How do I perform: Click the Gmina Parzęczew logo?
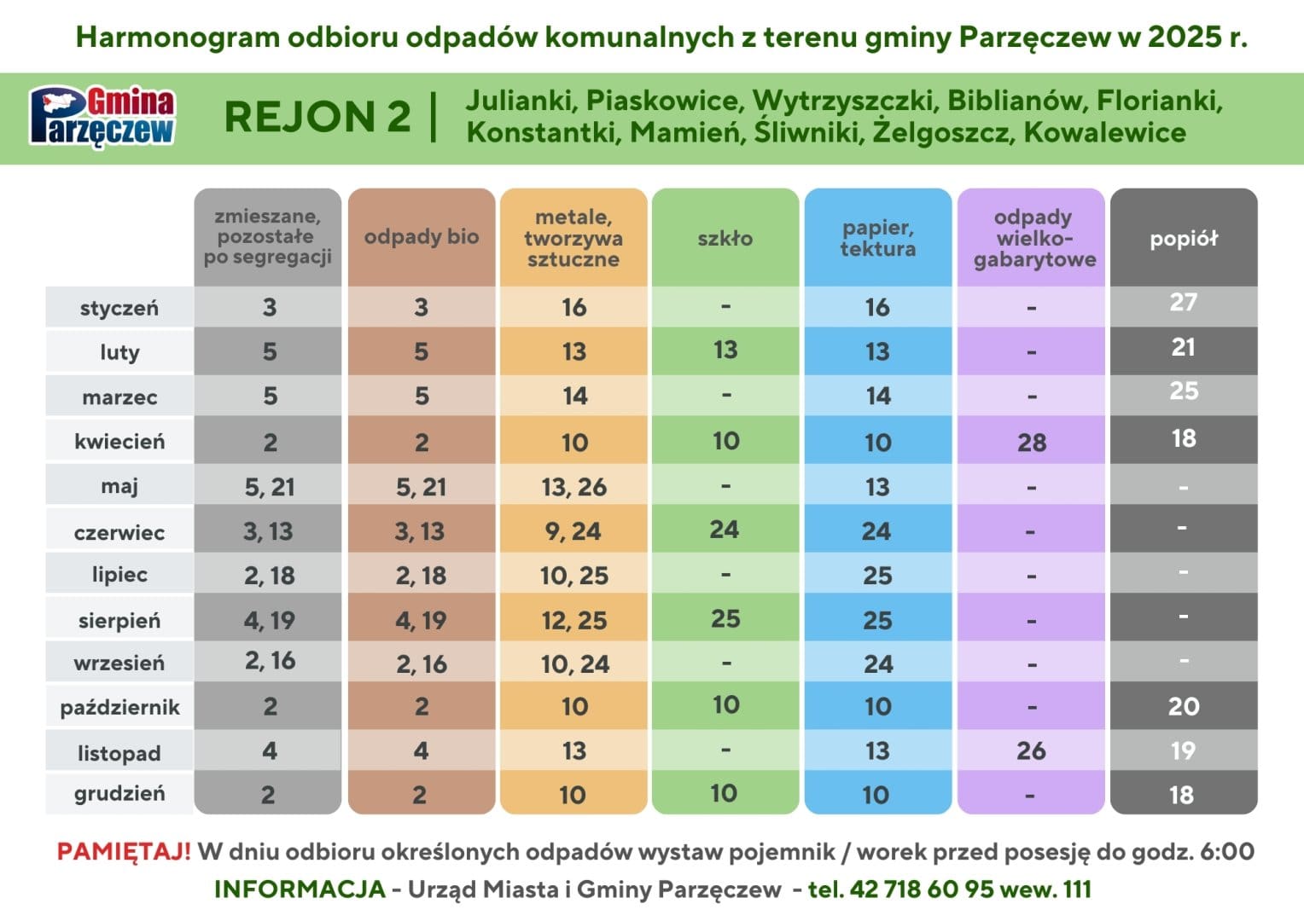(102, 116)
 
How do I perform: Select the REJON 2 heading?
(317, 116)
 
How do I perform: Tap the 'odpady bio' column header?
(422, 237)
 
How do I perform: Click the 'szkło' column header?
(725, 238)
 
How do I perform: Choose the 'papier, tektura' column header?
(878, 238)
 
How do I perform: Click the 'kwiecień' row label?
(119, 442)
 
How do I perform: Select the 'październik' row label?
(120, 708)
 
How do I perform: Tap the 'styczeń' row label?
(119, 308)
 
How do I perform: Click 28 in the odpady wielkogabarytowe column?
(1032, 443)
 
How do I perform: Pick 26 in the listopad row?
(1031, 751)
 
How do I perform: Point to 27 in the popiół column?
(1184, 303)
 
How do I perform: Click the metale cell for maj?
(574, 487)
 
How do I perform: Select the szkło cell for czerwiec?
(725, 530)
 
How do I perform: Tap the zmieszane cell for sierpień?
(269, 620)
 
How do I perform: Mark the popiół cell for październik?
(1184, 706)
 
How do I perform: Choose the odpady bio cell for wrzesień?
(422, 664)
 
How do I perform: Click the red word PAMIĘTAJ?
(124, 851)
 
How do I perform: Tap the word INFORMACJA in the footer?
(300, 889)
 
